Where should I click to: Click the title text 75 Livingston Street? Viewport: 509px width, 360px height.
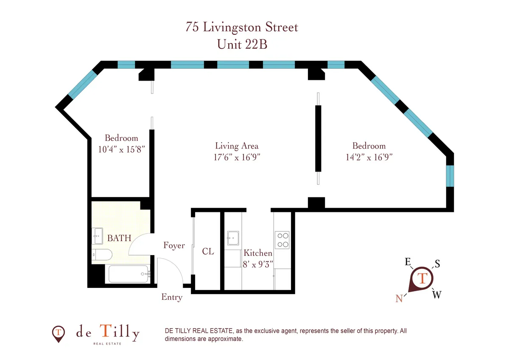pyautogui.click(x=242, y=27)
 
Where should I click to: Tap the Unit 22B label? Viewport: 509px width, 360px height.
pyautogui.click(x=242, y=44)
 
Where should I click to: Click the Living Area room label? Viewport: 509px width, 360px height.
pyautogui.click(x=237, y=146)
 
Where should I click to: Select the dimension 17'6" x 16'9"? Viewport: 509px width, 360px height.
pyautogui.click(x=237, y=157)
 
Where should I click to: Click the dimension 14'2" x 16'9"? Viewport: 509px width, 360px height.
pyautogui.click(x=369, y=157)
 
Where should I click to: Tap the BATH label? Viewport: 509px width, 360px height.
pyautogui.click(x=119, y=238)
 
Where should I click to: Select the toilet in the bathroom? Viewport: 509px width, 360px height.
pyautogui.click(x=102, y=255)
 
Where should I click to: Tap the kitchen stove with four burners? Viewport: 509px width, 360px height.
pyautogui.click(x=282, y=240)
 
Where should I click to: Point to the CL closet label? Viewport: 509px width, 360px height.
pyautogui.click(x=208, y=251)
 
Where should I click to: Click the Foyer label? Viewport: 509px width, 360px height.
pyautogui.click(x=174, y=245)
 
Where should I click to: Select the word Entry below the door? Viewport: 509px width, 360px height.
pyautogui.click(x=172, y=297)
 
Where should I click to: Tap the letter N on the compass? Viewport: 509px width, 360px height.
pyautogui.click(x=399, y=298)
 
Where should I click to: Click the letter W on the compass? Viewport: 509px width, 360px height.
pyautogui.click(x=436, y=295)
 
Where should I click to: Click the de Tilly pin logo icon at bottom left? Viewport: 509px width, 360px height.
pyautogui.click(x=58, y=334)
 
